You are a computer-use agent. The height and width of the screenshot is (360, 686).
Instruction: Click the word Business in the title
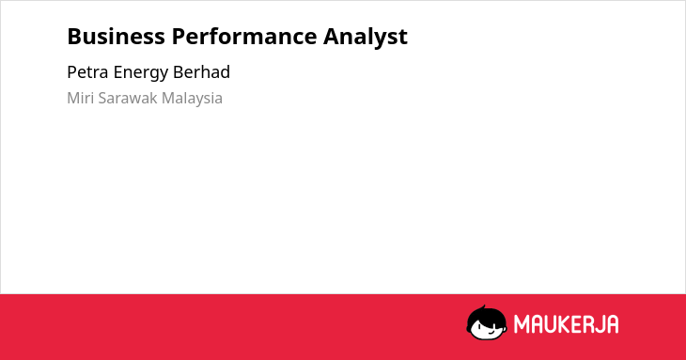point(116,37)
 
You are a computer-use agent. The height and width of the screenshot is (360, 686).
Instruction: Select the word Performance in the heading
point(244,37)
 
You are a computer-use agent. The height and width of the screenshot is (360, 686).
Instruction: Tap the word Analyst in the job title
point(366,38)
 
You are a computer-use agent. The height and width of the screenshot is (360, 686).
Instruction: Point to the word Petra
point(87,72)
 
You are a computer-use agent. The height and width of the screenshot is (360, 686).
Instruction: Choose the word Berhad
point(202,72)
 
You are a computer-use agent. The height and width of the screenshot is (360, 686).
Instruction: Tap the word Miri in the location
point(80,98)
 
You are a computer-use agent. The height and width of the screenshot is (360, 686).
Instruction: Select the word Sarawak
point(128,98)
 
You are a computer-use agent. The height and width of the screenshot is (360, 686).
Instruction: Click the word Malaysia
point(192,99)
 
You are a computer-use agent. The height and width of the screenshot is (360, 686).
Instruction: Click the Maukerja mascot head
point(487,323)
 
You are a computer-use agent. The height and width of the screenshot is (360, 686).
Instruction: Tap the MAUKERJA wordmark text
point(566,324)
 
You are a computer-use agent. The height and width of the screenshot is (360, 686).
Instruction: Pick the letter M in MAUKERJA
point(522,324)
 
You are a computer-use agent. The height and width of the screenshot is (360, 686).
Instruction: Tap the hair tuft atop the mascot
point(483,307)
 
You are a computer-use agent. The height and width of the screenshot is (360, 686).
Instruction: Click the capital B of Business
point(74,37)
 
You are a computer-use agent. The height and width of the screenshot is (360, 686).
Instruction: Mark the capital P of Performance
point(179,37)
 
